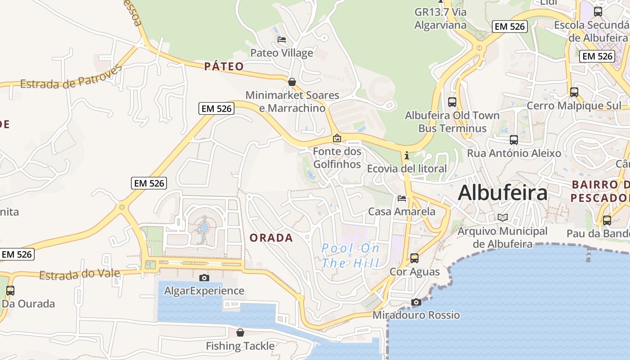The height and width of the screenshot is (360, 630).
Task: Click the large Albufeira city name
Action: click(x=503, y=193)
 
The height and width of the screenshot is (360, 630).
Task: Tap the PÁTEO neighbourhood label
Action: click(x=224, y=67)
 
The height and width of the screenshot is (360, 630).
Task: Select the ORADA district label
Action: click(x=271, y=238)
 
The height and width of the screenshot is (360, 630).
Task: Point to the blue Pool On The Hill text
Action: click(x=351, y=255)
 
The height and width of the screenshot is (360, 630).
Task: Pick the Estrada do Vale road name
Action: click(x=79, y=274)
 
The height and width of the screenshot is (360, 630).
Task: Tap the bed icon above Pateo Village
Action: click(x=282, y=40)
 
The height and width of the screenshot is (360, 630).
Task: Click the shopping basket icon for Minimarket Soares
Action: click(x=292, y=82)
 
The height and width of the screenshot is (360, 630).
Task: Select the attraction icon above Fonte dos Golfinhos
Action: click(x=337, y=138)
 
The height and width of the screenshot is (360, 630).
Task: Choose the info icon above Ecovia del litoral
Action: click(x=407, y=156)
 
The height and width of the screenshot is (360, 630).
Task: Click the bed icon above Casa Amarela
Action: click(x=402, y=198)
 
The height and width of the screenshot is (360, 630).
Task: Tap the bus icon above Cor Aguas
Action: click(x=414, y=258)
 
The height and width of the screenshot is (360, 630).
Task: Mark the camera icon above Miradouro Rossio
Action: click(x=416, y=302)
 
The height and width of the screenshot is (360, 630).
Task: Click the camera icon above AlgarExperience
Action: click(x=204, y=278)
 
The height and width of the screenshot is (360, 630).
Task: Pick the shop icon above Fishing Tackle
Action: click(x=240, y=333)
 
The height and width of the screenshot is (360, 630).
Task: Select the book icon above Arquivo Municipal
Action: click(x=503, y=218)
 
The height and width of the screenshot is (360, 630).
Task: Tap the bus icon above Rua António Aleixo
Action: click(x=514, y=140)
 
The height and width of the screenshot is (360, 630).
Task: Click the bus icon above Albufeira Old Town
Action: click(x=452, y=102)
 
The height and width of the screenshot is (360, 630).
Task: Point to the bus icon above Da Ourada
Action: click(x=10, y=291)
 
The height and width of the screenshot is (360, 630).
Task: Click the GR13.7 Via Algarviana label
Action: click(x=441, y=18)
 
